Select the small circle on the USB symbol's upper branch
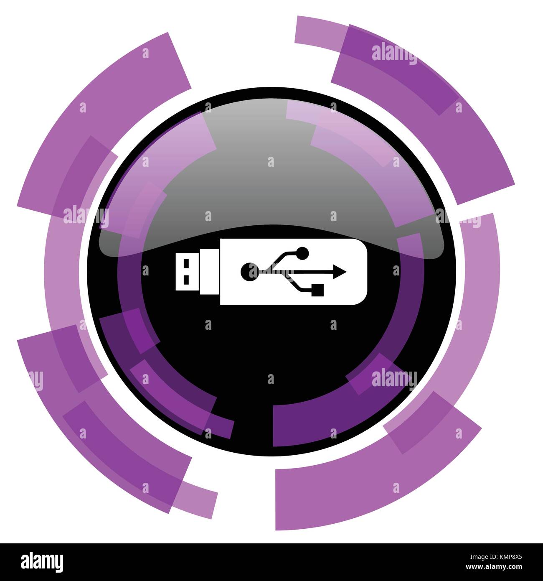tap(302, 252)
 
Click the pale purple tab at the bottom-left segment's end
tap(196, 499)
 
